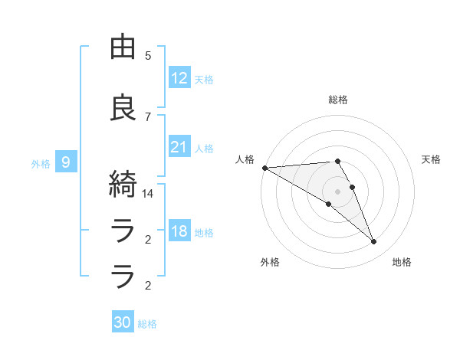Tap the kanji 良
pos(124,108)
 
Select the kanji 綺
pos(124,185)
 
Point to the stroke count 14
pos(148,194)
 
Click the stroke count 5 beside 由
pos(148,56)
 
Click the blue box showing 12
pos(179,78)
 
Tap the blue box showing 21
pos(179,147)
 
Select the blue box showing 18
pos(179,231)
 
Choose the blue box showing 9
pos(67,162)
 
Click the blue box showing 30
pos(123,322)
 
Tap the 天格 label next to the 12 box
pos(204,80)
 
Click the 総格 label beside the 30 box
pos(147,324)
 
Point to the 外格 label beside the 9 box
pos(41,163)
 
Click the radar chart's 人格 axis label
pos(245,159)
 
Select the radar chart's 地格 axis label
pos(402,262)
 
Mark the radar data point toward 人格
pos(264,168)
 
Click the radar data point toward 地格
pos(373,242)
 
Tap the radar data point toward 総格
pos(337,161)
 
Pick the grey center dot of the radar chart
pos(337,191)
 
